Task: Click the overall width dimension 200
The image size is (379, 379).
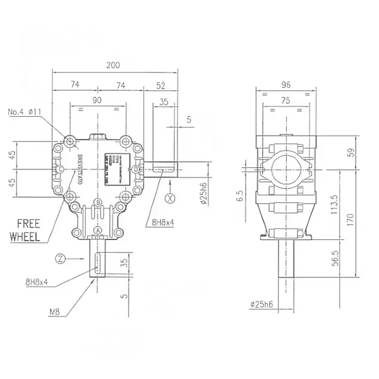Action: (x=114, y=65)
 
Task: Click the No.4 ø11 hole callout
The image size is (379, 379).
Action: (x=42, y=112)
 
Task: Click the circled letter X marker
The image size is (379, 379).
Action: (x=169, y=197)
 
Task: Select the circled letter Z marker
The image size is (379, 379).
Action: (x=59, y=258)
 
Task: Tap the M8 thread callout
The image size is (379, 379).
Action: (x=55, y=310)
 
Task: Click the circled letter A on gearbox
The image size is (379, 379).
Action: (x=98, y=228)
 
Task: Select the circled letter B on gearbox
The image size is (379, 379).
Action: (x=98, y=202)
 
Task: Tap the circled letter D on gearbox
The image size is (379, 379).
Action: (x=136, y=169)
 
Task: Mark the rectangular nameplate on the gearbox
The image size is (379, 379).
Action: (x=117, y=169)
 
